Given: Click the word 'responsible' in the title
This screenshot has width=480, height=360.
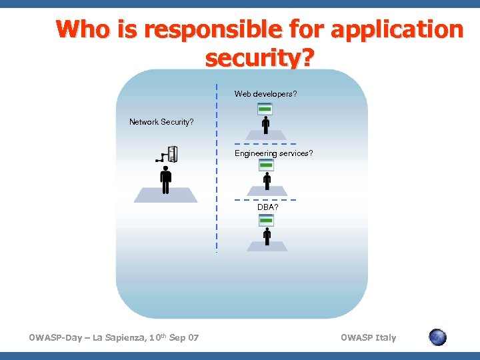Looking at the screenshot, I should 201,30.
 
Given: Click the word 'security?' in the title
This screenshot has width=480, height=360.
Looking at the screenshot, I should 259,59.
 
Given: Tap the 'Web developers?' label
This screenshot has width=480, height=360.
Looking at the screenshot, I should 265,94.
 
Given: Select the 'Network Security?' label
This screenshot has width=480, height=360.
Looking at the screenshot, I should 161,122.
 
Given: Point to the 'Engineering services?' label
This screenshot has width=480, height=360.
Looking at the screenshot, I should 273,153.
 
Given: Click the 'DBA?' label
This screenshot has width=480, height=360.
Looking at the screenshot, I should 268,207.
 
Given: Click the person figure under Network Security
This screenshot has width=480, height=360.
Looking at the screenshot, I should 165,179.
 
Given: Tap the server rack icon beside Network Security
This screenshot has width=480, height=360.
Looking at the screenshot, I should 171,154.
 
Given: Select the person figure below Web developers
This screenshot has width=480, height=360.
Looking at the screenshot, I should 266,125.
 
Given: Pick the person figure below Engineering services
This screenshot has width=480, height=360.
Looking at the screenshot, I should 267,180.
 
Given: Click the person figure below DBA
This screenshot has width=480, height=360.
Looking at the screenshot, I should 267,236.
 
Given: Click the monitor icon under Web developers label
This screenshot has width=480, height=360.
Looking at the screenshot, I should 265,109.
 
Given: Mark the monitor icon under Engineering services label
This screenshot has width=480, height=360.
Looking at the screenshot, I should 265,165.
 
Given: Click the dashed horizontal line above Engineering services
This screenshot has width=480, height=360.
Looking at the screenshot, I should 265,144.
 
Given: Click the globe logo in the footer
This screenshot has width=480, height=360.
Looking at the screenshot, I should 437,337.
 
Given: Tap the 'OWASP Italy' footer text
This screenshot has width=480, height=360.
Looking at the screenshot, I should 368,338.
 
